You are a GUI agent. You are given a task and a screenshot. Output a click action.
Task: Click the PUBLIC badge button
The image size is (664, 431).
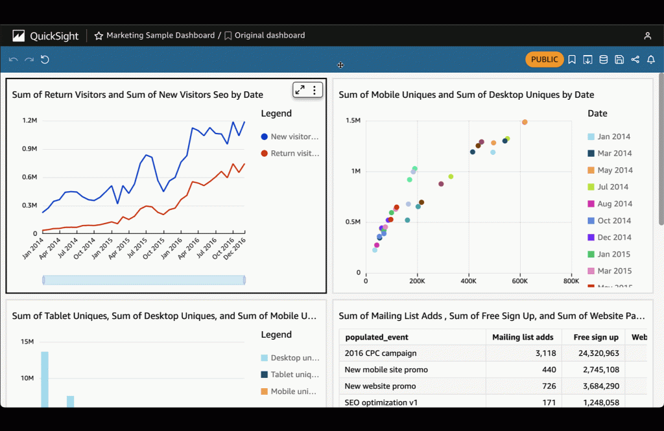click(544, 60)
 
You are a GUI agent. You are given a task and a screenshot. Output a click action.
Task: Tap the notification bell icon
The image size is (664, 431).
click(651, 60)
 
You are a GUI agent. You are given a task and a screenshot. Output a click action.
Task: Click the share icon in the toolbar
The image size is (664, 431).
click(635, 60)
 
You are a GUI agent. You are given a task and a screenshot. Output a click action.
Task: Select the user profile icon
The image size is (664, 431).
click(647, 36)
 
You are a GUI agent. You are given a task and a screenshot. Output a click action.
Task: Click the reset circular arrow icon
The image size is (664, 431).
click(45, 60)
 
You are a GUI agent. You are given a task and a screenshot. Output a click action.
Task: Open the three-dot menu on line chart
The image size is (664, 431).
click(314, 90)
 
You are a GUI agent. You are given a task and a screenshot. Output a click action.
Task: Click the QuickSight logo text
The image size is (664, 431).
click(54, 36)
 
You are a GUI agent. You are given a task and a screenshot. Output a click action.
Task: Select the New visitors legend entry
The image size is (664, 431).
click(294, 137)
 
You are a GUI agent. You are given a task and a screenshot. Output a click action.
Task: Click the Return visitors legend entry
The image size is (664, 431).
click(294, 154)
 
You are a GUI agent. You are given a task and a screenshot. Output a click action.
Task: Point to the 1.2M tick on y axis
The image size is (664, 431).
click(30, 121)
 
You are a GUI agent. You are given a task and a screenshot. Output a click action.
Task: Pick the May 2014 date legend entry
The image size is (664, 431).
click(614, 170)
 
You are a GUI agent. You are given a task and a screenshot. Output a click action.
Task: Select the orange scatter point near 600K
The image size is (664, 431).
click(525, 122)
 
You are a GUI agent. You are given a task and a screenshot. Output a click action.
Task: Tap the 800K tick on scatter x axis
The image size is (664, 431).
click(571, 282)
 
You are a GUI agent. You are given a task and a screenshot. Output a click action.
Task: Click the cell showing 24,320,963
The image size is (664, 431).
click(596, 353)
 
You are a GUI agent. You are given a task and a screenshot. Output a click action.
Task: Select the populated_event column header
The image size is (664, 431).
click(377, 337)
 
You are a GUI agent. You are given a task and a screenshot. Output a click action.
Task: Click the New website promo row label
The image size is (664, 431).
click(379, 386)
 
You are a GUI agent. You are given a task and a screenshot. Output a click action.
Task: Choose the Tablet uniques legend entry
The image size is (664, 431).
click(294, 375)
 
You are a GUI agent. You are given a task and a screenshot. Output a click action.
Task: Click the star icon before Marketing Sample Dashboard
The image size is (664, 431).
click(99, 36)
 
